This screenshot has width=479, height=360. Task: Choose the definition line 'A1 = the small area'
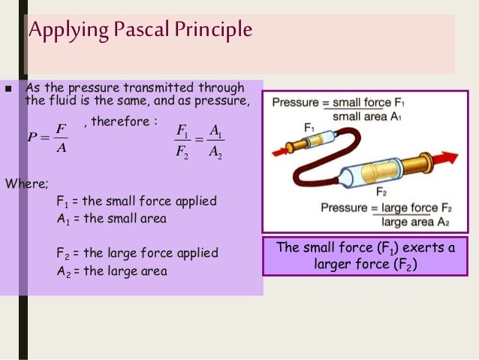click(x=111, y=219)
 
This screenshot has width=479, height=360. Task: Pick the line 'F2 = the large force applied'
click(x=137, y=253)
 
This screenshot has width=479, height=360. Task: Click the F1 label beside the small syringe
click(x=310, y=128)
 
